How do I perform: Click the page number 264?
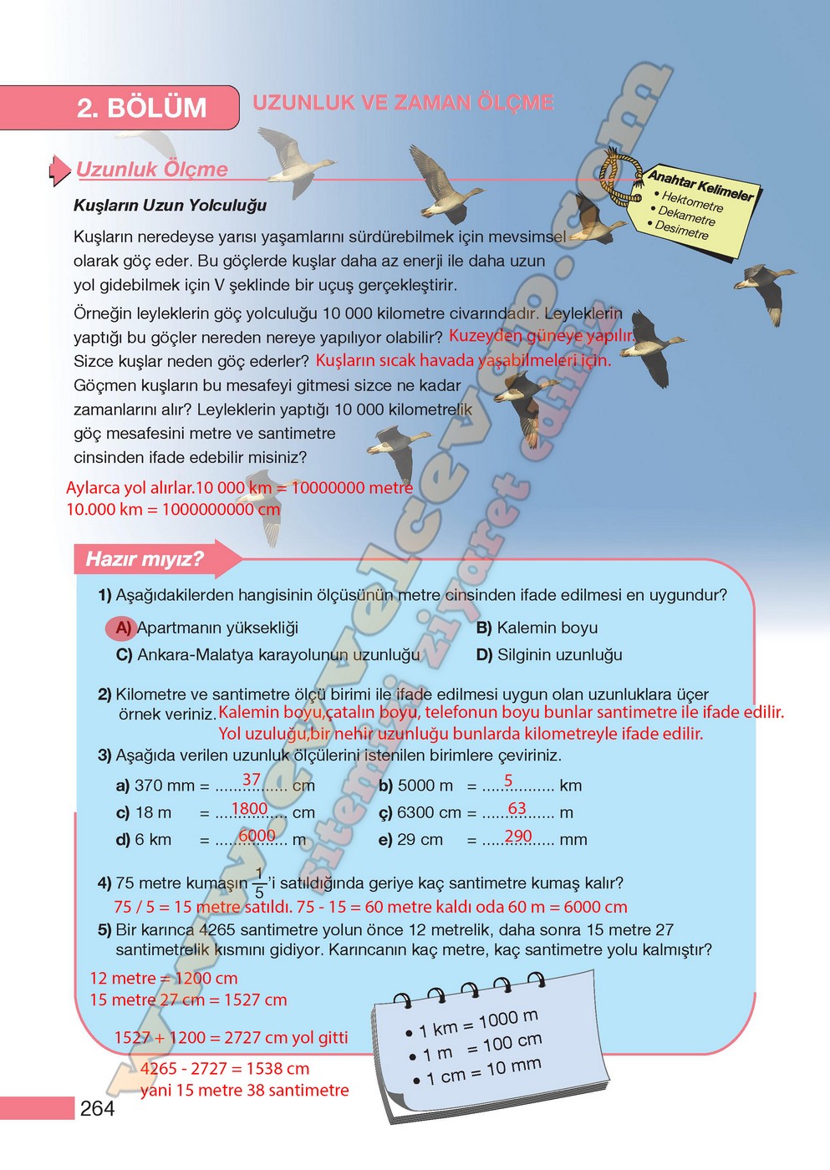coord(98,1108)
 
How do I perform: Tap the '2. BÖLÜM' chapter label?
coord(141,108)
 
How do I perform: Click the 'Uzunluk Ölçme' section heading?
coord(152,169)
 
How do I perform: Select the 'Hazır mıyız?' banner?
coord(145,559)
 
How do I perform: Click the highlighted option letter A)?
coord(122,628)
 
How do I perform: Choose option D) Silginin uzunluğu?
coord(549,654)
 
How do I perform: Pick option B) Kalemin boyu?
coord(537,628)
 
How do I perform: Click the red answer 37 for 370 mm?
coord(251,779)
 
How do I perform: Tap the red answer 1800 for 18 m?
coord(249,808)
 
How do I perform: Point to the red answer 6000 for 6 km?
coord(257,835)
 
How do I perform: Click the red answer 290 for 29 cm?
coord(518,835)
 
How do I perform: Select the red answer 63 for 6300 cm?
coord(517,808)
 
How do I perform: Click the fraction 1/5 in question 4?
coord(259,883)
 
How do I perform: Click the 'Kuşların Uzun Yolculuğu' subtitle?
coord(171,206)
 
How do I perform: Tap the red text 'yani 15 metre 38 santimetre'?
coord(244,1090)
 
